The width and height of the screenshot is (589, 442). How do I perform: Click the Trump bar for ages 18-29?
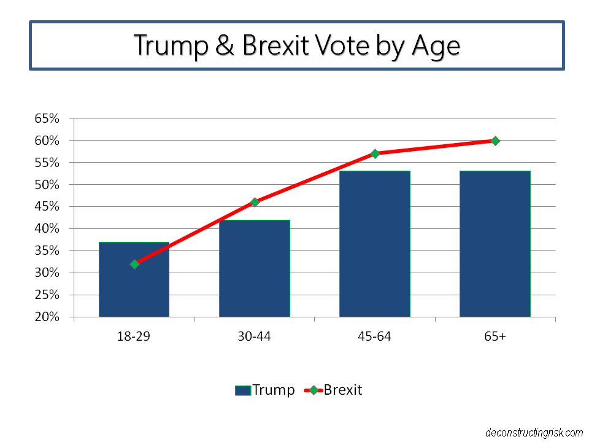134,289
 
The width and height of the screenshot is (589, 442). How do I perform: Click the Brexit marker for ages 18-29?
134,264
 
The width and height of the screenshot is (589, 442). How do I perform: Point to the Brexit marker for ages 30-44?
255,202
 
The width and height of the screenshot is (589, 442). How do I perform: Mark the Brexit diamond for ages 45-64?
375,153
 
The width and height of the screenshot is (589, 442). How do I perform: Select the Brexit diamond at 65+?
495,141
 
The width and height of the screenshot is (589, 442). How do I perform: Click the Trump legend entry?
264,390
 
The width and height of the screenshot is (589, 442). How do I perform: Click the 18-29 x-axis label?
134,336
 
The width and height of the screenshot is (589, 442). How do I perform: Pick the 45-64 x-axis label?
374,336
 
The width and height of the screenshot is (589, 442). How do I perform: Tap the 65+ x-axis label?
495,336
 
